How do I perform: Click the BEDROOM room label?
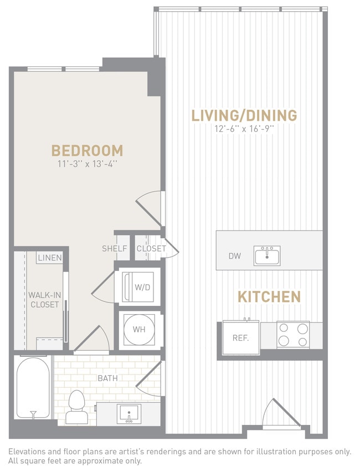click(87, 150)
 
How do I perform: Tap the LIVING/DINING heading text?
click(244, 115)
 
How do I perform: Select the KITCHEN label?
click(269, 296)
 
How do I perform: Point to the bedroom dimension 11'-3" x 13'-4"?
click(87, 163)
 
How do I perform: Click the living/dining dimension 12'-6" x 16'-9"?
click(244, 129)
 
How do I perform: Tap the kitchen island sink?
click(267, 256)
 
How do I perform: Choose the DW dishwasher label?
click(234, 256)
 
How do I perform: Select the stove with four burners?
click(293, 335)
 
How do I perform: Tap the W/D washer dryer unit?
click(138, 286)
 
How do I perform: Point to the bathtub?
click(34, 389)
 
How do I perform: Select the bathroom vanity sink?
click(128, 413)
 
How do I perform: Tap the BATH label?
click(107, 378)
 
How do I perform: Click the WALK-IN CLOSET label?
click(44, 300)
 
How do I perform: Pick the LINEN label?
click(50, 258)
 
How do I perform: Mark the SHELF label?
click(115, 249)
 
